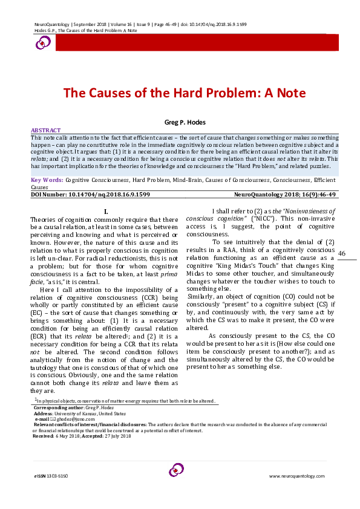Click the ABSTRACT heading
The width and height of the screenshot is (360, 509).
pyautogui.click(x=46, y=131)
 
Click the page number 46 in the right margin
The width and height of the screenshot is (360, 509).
pyautogui.click(x=342, y=253)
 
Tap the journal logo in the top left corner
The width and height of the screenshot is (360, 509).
pyautogui.click(x=44, y=42)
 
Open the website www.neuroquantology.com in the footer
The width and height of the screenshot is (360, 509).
pyautogui.click(x=301, y=476)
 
